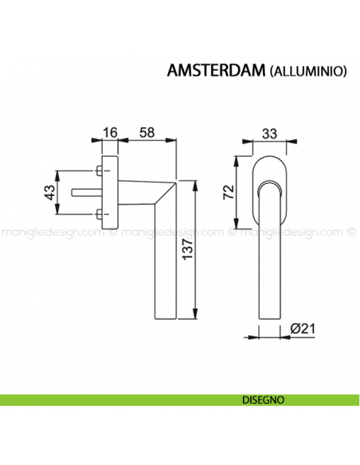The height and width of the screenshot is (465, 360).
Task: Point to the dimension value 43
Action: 49,192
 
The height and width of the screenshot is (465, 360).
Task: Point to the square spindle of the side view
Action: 84,192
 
